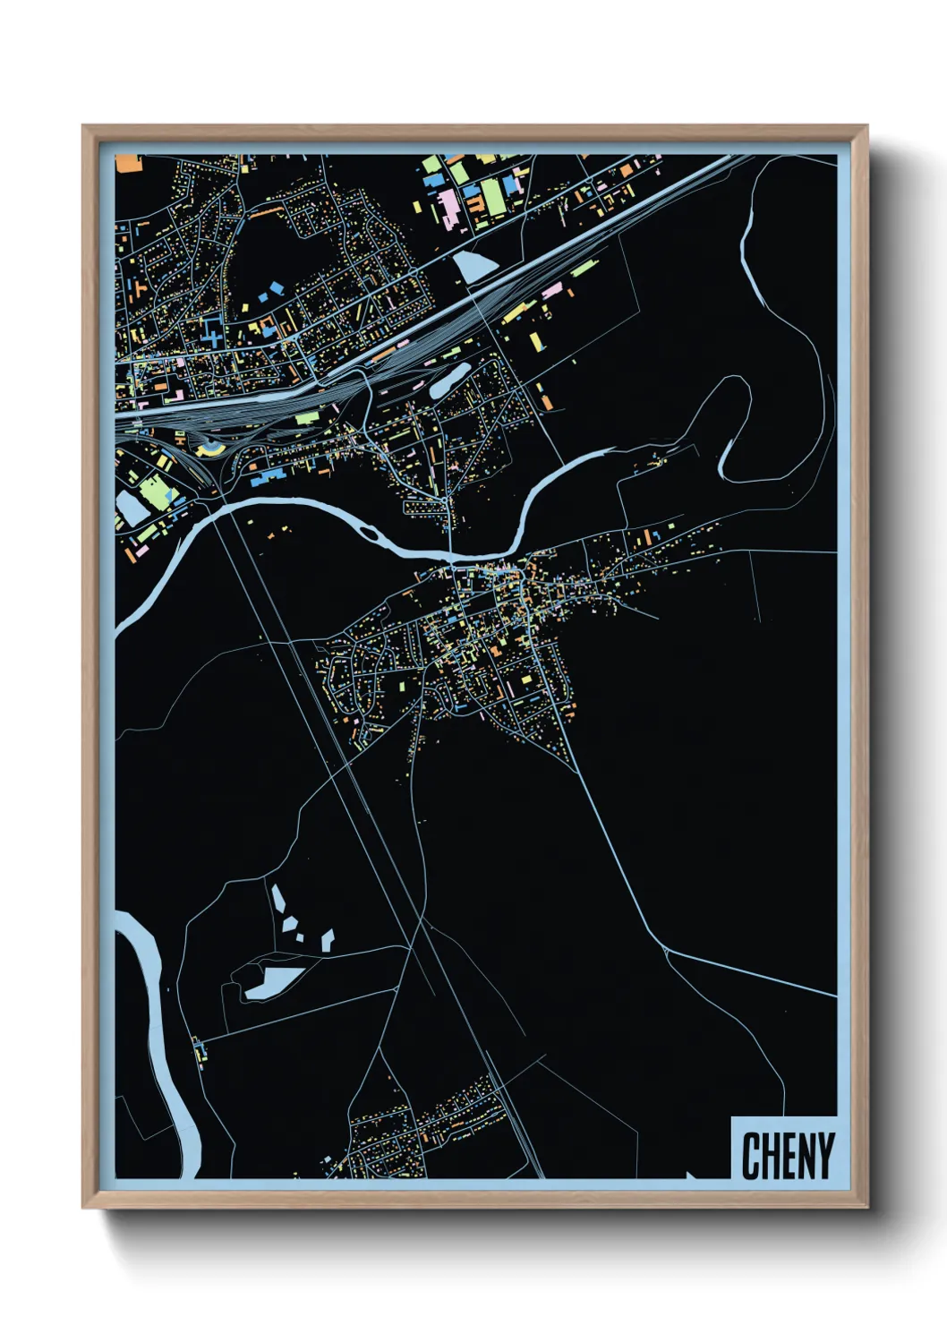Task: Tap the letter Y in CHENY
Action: pos(824,1156)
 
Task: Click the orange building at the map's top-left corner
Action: pos(129,163)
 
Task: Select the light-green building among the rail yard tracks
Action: pos(306,418)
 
